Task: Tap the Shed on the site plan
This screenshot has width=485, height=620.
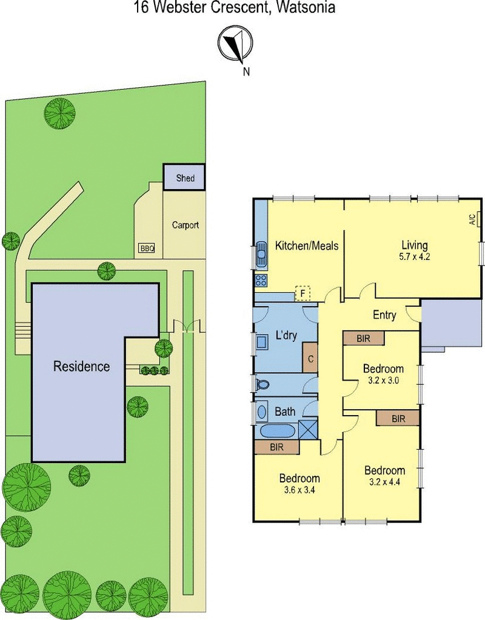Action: click(184, 177)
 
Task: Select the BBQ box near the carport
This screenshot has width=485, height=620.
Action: click(147, 248)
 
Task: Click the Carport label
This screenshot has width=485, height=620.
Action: click(185, 225)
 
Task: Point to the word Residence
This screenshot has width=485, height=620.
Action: click(81, 366)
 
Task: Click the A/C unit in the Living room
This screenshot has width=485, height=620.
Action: click(479, 219)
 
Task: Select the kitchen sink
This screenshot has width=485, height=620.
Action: click(261, 255)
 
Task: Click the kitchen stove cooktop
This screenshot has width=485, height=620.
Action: click(261, 281)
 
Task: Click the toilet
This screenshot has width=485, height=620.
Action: click(261, 384)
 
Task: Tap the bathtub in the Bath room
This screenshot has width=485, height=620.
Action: click(278, 431)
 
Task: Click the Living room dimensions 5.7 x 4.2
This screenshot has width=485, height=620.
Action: click(414, 256)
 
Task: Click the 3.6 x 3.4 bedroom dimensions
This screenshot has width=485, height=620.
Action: click(299, 490)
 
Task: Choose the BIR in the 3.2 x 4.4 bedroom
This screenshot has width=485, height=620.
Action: click(398, 418)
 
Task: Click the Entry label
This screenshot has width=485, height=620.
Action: click(384, 315)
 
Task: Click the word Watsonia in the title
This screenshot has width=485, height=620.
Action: click(306, 7)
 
